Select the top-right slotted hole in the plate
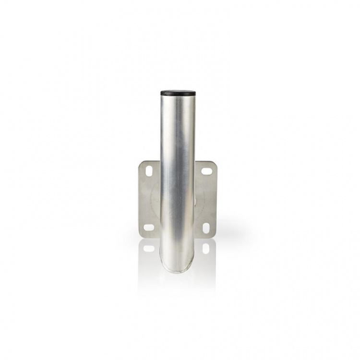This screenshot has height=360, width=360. (x=207, y=170)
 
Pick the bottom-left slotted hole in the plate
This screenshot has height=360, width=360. (x=149, y=227)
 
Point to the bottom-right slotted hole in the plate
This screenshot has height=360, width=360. (x=206, y=227)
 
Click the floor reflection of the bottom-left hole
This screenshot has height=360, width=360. (x=149, y=248)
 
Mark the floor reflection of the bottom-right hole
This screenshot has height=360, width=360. (x=206, y=248)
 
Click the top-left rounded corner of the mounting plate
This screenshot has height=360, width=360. (x=140, y=163)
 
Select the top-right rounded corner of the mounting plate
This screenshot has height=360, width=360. (x=216, y=163)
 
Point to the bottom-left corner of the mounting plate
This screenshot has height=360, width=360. (x=140, y=235)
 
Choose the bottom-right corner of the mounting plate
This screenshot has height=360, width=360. (x=216, y=235)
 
